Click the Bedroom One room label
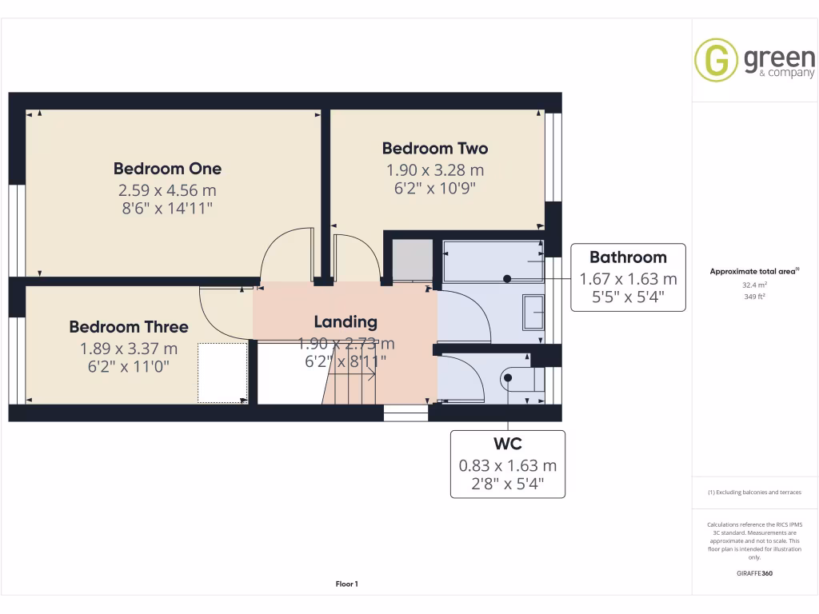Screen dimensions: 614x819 [167, 169]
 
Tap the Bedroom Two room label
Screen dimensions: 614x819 [434, 148]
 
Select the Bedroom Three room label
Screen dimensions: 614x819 [129, 327]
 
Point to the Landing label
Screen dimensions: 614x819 [346, 322]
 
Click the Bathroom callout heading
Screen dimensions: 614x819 [628, 257]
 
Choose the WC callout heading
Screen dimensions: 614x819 [508, 443]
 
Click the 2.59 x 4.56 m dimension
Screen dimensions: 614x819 [167, 191]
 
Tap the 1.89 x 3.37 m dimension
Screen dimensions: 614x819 [129, 349]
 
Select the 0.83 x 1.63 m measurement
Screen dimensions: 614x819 [508, 465]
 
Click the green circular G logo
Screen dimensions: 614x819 [716, 61]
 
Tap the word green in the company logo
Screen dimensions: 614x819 [779, 58]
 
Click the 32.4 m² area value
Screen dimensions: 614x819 [755, 284]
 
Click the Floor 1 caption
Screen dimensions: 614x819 [346, 584]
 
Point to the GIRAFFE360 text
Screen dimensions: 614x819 [755, 573]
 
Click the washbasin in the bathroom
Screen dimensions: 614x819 [533, 312]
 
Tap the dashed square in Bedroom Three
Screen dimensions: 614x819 [222, 373]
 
